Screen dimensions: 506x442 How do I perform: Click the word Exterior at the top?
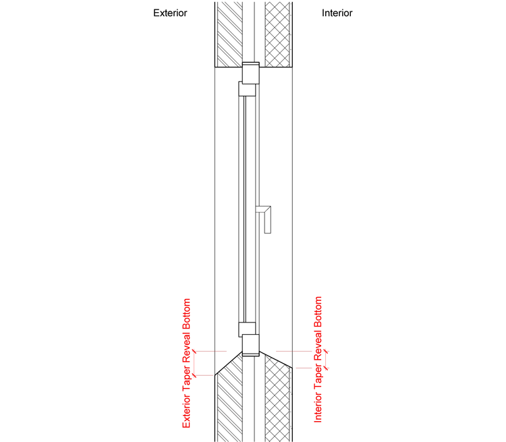(170, 13)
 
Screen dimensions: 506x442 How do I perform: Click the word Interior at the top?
(337, 13)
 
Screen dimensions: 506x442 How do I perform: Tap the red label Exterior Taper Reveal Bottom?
(186, 363)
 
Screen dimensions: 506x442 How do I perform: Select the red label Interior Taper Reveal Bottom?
(318, 360)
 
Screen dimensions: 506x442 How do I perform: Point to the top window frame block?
(251, 73)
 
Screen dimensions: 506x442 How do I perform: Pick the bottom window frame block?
(251, 345)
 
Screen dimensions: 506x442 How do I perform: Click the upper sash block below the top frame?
(247, 89)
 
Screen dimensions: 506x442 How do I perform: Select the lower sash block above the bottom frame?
(247, 329)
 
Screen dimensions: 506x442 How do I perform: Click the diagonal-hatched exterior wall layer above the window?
(229, 34)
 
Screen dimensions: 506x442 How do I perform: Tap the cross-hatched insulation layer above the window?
(277, 34)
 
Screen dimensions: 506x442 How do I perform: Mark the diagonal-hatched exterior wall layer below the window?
(229, 400)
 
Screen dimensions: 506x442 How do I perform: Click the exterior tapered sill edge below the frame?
(229, 363)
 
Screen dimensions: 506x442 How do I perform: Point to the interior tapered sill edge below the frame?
(276, 359)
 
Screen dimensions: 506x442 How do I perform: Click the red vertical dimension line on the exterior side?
(194, 363)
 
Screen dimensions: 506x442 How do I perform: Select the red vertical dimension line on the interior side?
(327, 360)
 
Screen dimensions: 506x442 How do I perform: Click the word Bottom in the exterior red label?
(186, 314)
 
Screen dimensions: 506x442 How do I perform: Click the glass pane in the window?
(245, 209)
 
